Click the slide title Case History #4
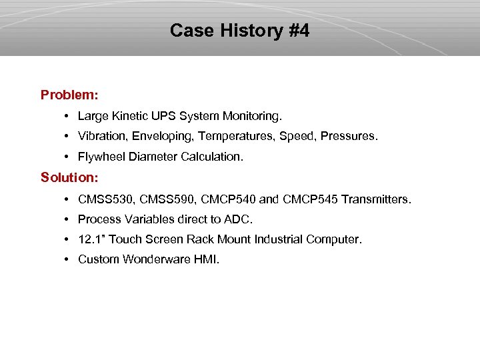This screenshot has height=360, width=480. point(239,31)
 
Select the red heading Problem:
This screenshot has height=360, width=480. point(69,95)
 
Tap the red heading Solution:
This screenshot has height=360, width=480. point(69,177)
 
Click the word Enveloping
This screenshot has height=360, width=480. point(163,137)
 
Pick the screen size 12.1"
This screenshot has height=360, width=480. point(92,239)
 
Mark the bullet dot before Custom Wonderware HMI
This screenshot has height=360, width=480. point(69,259)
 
